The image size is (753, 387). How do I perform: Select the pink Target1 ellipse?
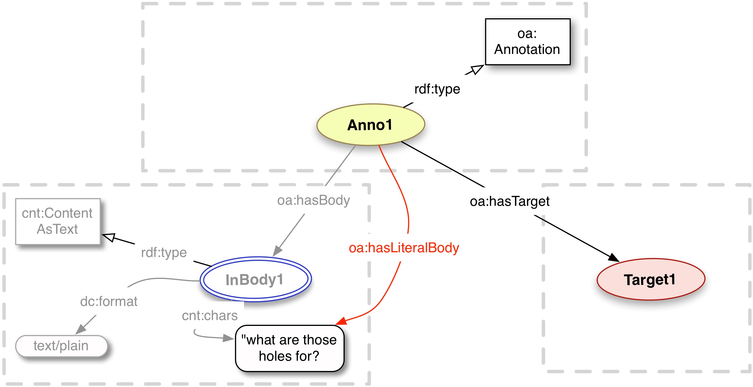[x=651, y=279]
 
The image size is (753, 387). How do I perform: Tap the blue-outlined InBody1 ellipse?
[x=255, y=279]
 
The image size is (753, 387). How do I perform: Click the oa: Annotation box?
[x=527, y=42]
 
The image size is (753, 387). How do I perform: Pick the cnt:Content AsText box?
[x=58, y=221]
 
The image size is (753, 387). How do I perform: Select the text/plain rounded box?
[x=61, y=346]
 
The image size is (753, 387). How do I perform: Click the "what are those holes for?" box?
[x=289, y=348]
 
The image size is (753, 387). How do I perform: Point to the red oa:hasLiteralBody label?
[x=404, y=248]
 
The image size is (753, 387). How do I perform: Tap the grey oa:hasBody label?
[x=313, y=201]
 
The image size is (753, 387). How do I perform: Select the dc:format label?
[x=109, y=302]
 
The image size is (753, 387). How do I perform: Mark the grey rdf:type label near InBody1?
[x=164, y=253]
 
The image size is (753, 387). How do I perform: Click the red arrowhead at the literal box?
[x=341, y=321]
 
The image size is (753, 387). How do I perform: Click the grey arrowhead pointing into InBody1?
[x=277, y=251]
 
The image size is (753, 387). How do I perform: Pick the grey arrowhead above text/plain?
[x=81, y=329]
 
